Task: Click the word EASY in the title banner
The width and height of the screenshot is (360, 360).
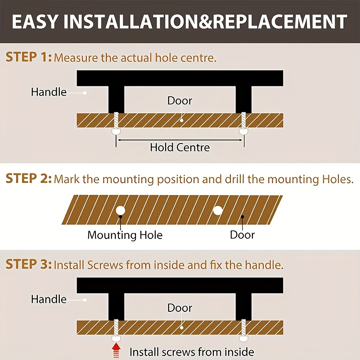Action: (x=35, y=22)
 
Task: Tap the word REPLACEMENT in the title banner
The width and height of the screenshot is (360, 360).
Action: (x=280, y=22)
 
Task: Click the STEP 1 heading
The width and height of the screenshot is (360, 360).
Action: (x=28, y=57)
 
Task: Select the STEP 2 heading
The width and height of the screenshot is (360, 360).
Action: (x=28, y=178)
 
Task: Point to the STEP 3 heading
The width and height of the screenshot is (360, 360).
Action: (x=28, y=264)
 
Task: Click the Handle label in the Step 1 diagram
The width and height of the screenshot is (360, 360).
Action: (x=49, y=92)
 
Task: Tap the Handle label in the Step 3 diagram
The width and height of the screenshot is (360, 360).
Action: (x=49, y=299)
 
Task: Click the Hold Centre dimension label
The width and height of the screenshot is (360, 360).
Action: (x=180, y=148)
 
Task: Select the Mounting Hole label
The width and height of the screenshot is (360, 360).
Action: (x=125, y=235)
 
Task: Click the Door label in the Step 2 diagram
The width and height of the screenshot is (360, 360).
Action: (x=242, y=235)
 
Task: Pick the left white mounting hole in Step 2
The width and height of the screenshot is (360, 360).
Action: (x=120, y=210)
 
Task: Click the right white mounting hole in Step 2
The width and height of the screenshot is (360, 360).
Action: (x=218, y=211)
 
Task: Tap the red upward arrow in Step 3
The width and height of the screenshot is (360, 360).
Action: (x=117, y=351)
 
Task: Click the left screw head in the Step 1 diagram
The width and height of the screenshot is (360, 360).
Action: (x=116, y=132)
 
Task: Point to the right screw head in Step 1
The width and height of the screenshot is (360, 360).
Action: (x=243, y=132)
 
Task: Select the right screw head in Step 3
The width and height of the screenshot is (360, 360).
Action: (x=243, y=339)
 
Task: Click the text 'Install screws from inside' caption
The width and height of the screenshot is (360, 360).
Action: (x=192, y=352)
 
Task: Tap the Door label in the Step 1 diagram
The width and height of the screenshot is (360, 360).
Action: (x=180, y=101)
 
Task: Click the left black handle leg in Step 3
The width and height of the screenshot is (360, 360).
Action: (x=116, y=307)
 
